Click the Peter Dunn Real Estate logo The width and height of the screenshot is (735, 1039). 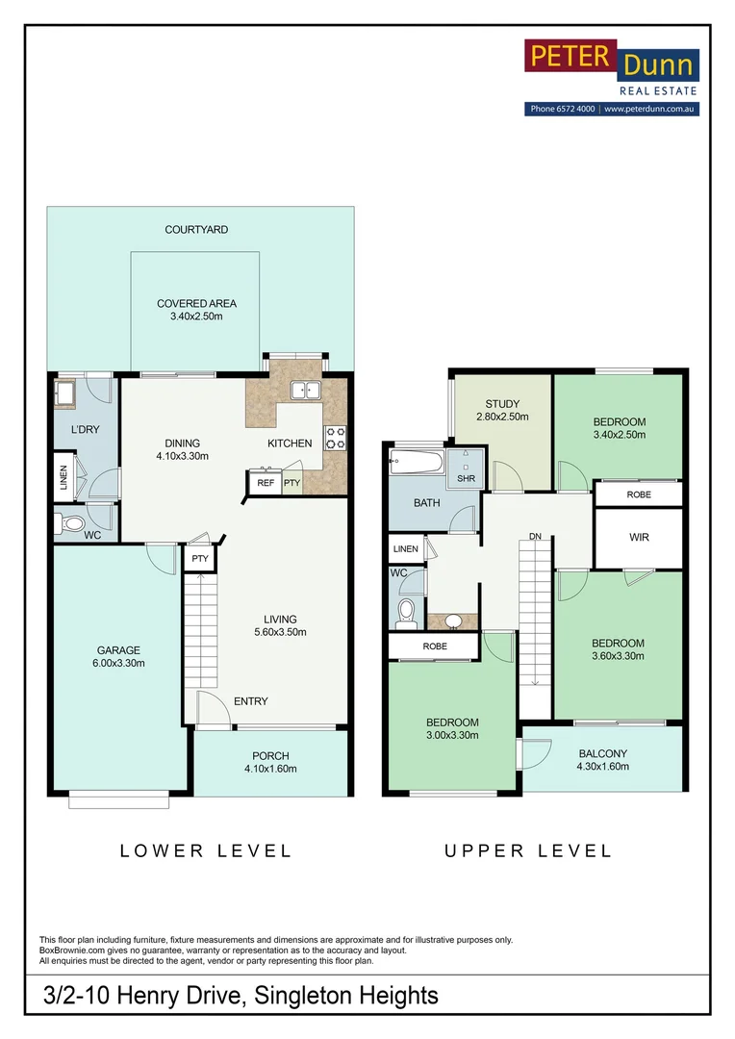pos(612,68)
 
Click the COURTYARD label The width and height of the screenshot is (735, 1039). pos(196,230)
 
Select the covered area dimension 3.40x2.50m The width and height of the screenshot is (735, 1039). pos(196,317)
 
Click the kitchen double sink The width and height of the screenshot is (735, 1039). pos(306,391)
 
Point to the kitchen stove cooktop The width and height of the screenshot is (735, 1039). pos(335,438)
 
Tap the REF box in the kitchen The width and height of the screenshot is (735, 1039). pos(266,484)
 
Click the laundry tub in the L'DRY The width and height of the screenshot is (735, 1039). pos(66,393)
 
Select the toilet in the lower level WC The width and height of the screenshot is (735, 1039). pos(72,525)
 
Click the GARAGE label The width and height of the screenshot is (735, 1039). pos(117,650)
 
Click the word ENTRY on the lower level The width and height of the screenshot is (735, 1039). pos(251,701)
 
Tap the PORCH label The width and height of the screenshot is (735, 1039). pos(270,755)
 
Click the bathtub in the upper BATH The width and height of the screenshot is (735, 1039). pos(416,465)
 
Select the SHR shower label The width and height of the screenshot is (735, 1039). pos(466,478)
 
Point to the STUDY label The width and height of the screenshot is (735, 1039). pos(502,403)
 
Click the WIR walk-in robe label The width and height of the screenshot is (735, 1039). pos(639,537)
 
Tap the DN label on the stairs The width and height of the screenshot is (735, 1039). pos(535,537)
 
